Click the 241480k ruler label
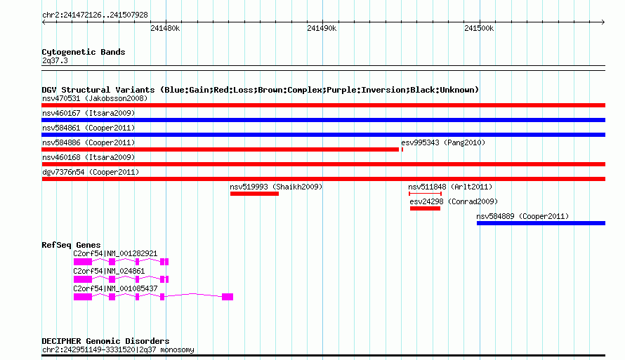tap(165, 28)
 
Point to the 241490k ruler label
tap(322, 28)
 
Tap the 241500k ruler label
tap(479, 28)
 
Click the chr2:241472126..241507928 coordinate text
tap(95, 15)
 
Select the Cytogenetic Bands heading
tap(84, 52)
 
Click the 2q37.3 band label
tap(55, 60)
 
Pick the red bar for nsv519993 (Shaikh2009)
tap(254, 194)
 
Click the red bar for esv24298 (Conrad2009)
tap(425, 208)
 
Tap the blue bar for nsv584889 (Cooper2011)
tap(541, 223)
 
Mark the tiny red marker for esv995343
tap(402, 149)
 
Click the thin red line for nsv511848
tap(425, 194)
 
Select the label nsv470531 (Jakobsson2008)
tap(95, 98)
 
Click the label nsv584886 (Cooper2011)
tap(88, 142)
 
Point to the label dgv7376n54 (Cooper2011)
tap(91, 172)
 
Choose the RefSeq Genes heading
tap(71, 245)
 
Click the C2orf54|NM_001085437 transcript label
tap(115, 288)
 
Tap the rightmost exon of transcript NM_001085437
tap(228, 297)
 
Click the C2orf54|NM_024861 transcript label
tap(109, 271)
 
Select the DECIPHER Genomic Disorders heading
tap(105, 341)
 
